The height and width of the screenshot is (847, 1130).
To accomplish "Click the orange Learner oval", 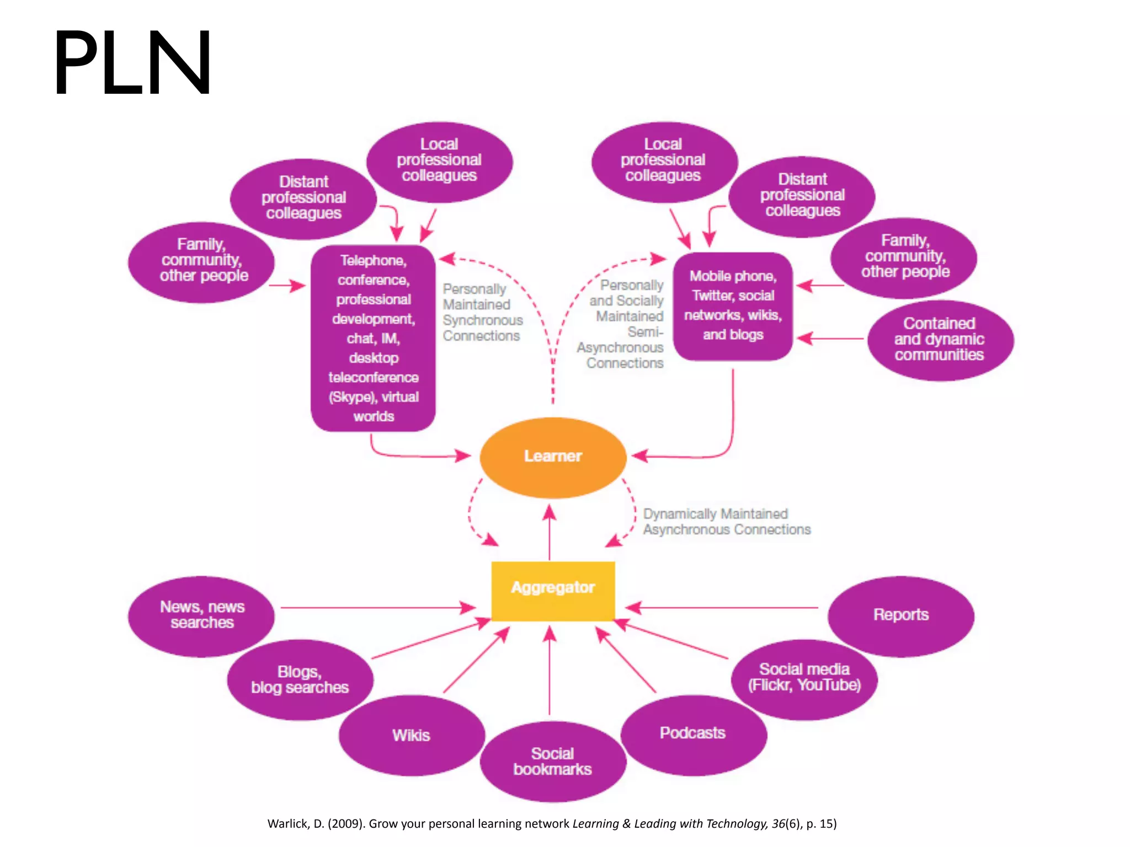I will click(553, 457).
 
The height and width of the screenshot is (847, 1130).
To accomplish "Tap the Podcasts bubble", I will click(693, 734).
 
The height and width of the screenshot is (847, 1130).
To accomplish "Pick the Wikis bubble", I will click(412, 735).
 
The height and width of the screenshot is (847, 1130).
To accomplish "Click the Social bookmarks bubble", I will click(553, 762).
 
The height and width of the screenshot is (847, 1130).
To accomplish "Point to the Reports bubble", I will click(900, 615).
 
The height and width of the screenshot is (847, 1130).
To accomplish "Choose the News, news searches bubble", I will click(201, 615).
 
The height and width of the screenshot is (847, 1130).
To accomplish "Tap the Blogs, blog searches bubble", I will click(300, 679).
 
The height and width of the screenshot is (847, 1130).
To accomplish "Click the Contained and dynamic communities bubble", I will click(940, 340).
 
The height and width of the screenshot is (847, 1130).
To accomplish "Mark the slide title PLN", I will click(132, 63).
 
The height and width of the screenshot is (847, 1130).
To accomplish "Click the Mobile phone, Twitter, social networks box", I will click(733, 306).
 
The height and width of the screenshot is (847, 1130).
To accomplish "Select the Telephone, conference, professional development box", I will click(374, 338).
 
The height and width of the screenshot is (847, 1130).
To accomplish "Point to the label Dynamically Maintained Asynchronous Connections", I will click(726, 522).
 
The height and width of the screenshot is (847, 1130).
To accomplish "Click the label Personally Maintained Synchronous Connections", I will click(482, 313).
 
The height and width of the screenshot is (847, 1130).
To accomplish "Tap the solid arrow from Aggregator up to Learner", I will click(550, 532).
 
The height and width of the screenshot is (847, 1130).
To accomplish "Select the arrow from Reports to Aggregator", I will click(723, 608).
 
